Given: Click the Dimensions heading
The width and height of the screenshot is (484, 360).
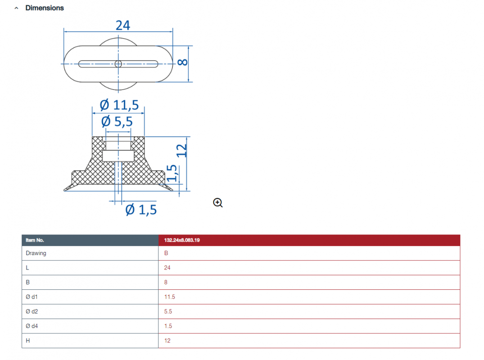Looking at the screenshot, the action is coord(45,8).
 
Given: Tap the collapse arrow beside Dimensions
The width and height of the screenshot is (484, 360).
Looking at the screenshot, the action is coord(16,9).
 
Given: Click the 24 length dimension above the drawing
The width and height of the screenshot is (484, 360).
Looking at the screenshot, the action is coord(123,25).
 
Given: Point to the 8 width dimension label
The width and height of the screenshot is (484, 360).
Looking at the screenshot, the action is coord(182,62).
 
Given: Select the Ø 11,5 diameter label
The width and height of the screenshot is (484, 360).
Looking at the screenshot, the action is coord(119,105).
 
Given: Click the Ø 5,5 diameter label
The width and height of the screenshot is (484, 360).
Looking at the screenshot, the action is coord(117,121).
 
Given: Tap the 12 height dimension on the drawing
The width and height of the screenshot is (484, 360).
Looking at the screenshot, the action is coord(181,151).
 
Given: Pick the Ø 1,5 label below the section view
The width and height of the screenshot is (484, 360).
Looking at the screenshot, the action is coord(141,210).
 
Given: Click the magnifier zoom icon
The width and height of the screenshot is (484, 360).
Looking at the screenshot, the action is coord(217,202).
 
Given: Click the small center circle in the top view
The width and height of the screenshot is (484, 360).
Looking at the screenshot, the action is coord(118,64).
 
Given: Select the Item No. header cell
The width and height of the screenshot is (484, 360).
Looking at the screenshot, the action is coord(90,240).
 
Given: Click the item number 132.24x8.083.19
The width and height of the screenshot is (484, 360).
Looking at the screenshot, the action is coord(182,240).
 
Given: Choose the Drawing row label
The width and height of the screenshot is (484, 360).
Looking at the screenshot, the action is coord(36,253).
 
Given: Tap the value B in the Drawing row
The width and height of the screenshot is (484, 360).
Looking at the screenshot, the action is coord(166,253).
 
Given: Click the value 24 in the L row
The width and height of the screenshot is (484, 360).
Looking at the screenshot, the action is coord(167,268).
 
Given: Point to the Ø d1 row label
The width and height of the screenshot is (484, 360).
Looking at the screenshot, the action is coord(32,297).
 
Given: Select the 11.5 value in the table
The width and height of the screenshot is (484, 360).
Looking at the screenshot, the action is coord(169,297).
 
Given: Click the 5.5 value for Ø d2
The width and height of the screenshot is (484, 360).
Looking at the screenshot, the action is coord(168,311).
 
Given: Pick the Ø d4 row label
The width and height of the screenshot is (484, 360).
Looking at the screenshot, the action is coord(32,326).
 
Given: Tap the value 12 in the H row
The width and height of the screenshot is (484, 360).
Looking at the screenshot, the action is coord(167,341).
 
